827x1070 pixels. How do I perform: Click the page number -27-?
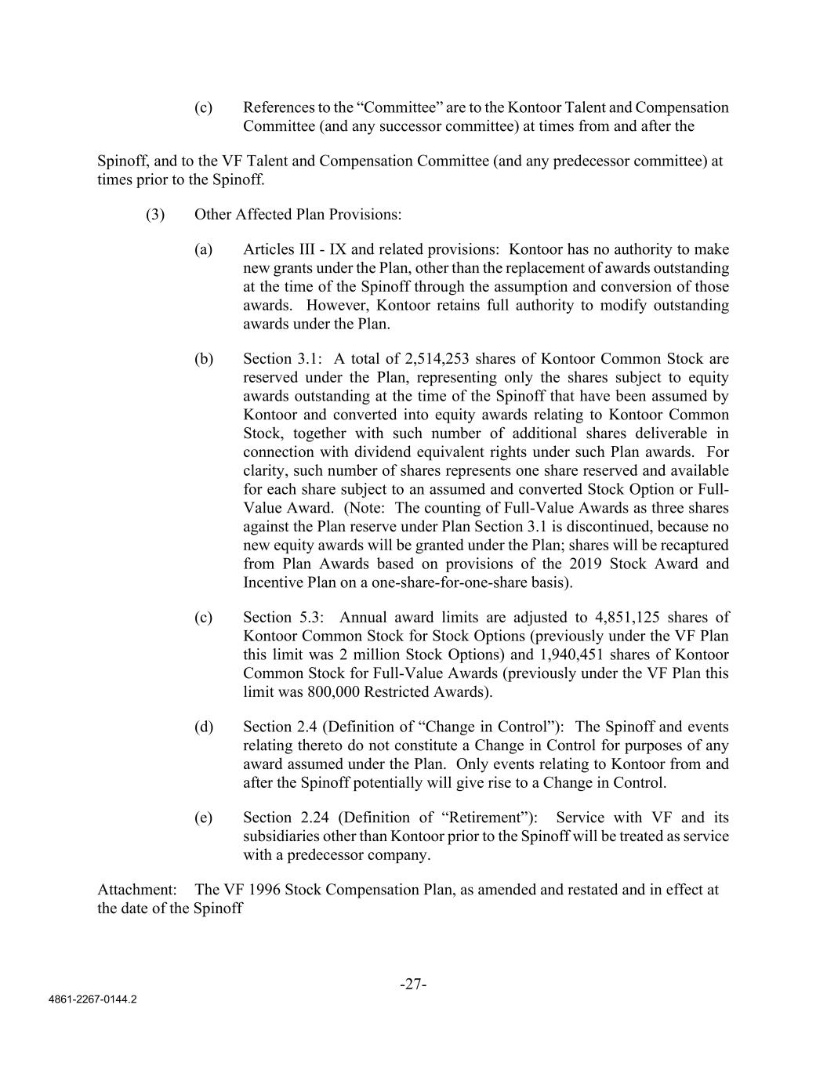(x=413, y=985)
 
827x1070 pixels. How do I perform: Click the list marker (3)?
(x=155, y=214)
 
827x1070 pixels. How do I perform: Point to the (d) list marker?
(x=204, y=727)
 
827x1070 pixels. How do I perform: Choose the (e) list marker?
(x=204, y=818)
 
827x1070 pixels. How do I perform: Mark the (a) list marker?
(x=204, y=249)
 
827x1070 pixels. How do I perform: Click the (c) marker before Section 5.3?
(x=204, y=617)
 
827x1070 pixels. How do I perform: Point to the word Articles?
(x=269, y=249)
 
